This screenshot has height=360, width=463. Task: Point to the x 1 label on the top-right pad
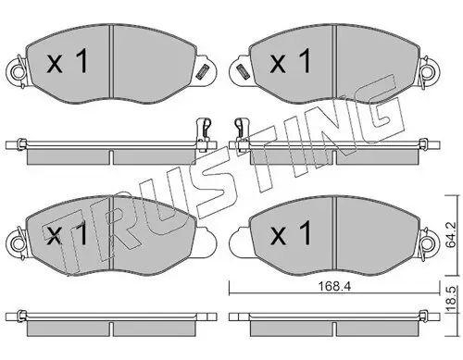290,62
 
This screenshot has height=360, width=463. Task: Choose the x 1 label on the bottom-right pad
289,235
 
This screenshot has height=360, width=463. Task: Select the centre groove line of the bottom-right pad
334,231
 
